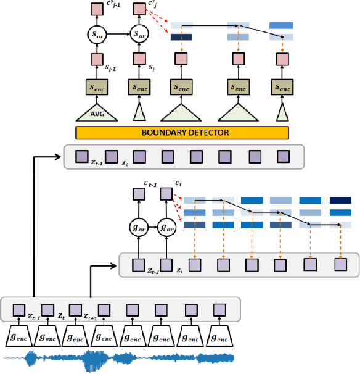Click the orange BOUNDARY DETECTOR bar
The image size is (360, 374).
(x=181, y=132)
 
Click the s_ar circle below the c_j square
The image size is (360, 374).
(x=139, y=34)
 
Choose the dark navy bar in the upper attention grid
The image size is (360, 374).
(x=181, y=37)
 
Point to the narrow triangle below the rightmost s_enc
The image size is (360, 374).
(x=281, y=113)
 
